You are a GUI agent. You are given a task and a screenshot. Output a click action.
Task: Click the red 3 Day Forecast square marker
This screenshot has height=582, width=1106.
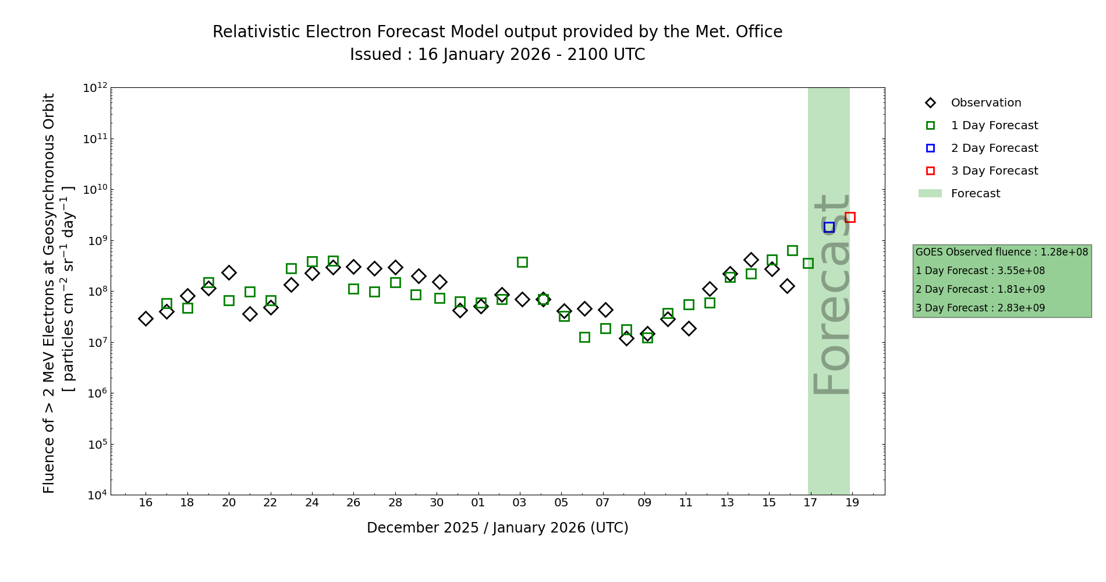tap(850, 217)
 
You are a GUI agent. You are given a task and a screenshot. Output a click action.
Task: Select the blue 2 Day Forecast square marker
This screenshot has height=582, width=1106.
tap(829, 227)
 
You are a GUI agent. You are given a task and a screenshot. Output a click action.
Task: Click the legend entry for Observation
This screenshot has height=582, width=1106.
tap(986, 103)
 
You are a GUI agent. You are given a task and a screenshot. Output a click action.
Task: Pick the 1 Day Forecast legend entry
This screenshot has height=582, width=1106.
tap(994, 126)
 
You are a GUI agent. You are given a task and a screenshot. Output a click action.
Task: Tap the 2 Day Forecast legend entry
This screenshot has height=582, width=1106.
tap(994, 148)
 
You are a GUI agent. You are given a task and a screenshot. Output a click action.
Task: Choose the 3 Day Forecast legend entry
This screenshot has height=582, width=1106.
tap(994, 171)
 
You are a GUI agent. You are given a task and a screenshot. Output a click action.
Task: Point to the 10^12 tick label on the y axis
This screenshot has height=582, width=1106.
tap(95, 88)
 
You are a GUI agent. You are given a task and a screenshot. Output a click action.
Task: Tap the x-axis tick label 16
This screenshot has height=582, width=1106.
tap(146, 503)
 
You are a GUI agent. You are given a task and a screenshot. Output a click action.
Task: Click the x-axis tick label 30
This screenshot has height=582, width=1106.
tap(437, 503)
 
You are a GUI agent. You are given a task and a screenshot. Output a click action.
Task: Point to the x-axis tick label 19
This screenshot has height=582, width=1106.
tap(852, 503)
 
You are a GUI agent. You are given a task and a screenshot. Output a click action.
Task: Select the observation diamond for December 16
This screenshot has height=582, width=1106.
tap(146, 318)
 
